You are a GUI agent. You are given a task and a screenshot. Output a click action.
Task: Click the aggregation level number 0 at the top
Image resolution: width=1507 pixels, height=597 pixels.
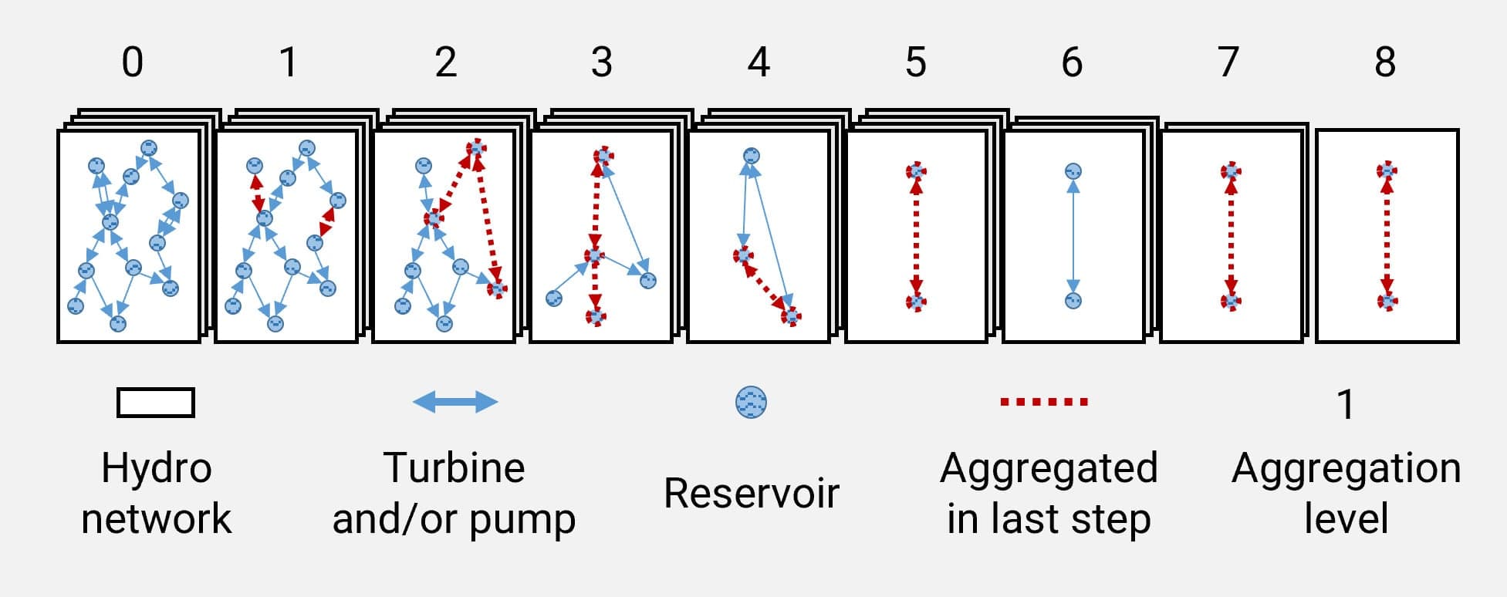pos(132,62)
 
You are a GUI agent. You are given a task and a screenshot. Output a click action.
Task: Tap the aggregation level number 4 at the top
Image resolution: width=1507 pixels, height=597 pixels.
pos(759,62)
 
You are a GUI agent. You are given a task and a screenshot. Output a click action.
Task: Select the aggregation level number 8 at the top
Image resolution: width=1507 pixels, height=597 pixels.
pos(1385,62)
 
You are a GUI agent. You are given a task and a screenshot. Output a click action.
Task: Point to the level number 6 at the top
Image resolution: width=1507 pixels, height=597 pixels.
pos(1072,62)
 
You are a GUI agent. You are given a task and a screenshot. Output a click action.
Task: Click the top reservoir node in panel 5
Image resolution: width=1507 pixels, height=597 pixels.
pos(916,171)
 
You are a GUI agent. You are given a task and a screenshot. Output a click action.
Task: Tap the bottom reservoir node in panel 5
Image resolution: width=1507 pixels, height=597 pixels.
pos(916,302)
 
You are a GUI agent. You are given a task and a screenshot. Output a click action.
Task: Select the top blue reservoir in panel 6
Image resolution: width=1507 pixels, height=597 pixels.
pos(1073,171)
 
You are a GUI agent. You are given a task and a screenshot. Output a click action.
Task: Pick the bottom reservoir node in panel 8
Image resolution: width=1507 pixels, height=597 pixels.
pos(1387,301)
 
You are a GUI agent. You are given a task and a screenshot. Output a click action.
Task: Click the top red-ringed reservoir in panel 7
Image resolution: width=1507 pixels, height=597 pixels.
pos(1230,170)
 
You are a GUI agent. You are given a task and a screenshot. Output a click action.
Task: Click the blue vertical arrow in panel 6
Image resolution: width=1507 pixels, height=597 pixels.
pos(1073,235)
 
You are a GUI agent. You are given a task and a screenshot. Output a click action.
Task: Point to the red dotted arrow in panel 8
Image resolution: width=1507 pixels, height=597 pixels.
pos(1387,235)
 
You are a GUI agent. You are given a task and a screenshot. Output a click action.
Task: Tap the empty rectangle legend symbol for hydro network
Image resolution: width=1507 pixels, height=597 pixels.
pos(156,403)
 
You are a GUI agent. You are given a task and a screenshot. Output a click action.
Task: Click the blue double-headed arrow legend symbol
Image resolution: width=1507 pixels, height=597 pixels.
pos(455,402)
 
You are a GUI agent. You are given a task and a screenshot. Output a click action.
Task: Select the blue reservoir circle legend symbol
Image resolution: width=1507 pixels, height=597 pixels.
pos(752,403)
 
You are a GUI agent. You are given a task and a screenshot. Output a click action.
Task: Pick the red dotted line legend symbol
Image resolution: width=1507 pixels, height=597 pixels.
pos(1044,402)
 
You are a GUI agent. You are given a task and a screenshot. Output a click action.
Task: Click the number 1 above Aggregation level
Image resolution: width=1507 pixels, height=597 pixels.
pos(1345,405)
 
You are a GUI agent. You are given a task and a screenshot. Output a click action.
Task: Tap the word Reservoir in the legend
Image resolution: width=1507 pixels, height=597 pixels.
pos(751,493)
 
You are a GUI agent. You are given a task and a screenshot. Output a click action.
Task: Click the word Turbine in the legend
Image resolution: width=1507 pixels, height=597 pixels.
pos(454,468)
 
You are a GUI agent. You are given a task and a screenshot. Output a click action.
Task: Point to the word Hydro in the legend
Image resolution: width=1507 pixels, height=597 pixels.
pos(157,468)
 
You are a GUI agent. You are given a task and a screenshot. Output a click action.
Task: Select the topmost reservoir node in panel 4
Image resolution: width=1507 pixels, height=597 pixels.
pos(750,156)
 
